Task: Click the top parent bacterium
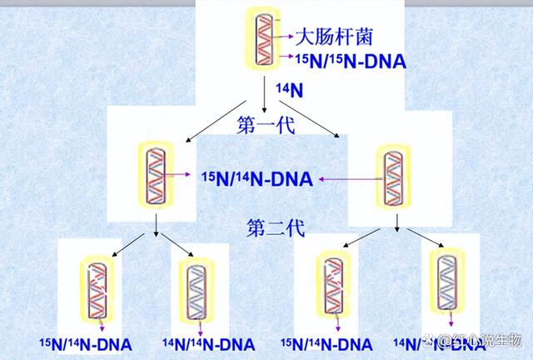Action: click(265, 42)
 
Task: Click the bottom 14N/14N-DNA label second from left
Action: click(208, 343)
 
